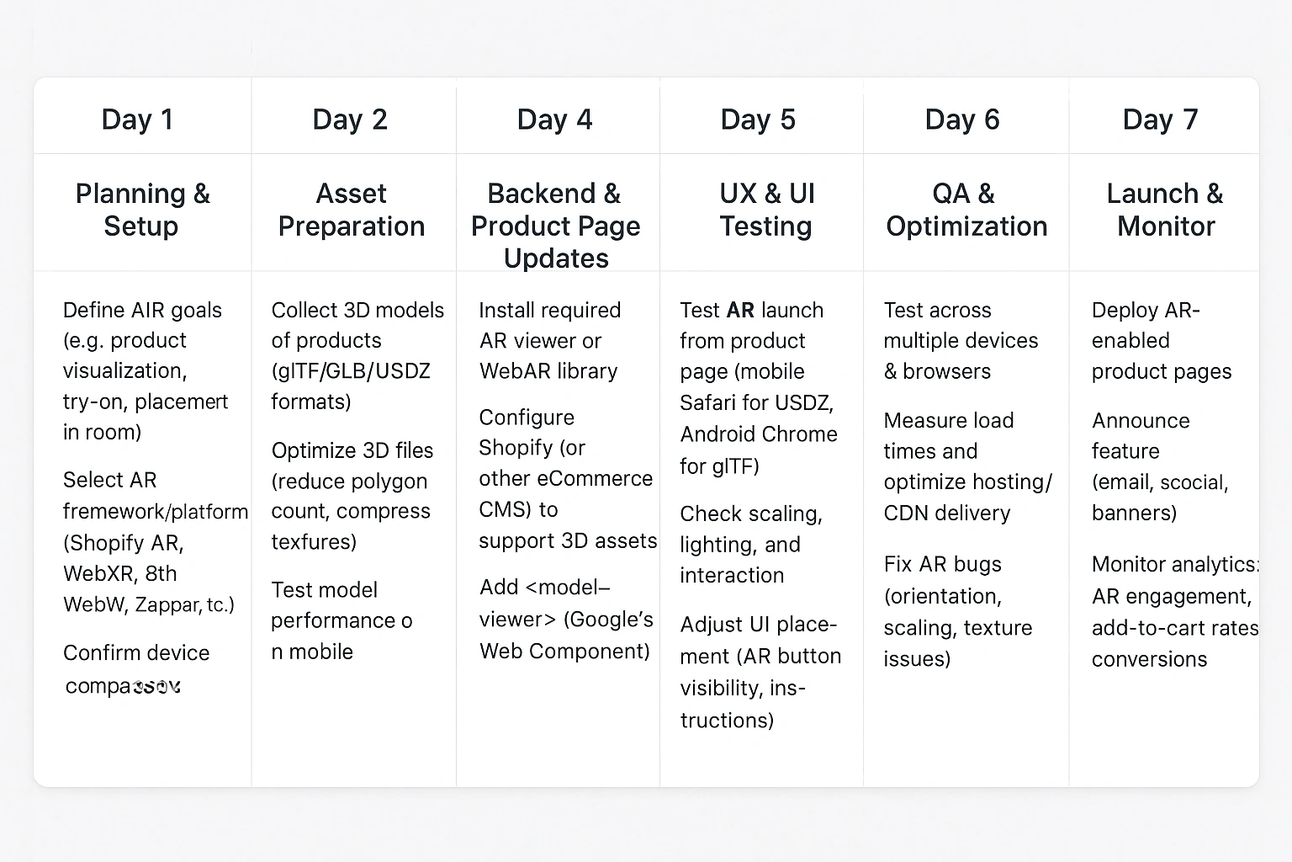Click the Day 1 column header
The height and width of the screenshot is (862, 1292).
[137, 120]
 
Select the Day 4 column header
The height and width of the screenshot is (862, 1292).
[554, 120]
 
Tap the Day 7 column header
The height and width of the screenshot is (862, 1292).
[1160, 120]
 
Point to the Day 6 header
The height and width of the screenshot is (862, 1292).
[962, 120]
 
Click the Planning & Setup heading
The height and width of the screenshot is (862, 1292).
[142, 210]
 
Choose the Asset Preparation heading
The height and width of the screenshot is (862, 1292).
[352, 210]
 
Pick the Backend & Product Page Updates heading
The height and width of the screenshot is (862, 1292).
[555, 226]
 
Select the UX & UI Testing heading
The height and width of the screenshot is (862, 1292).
[766, 210]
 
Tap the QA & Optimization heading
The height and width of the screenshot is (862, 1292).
[966, 210]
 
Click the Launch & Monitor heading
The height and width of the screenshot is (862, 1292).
[1165, 210]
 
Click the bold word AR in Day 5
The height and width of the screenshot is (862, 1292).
[740, 311]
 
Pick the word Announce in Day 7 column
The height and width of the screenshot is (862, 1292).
[1141, 421]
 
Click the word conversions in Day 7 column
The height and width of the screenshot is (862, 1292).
[1149, 659]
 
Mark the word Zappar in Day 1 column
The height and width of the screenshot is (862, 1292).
[167, 604]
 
